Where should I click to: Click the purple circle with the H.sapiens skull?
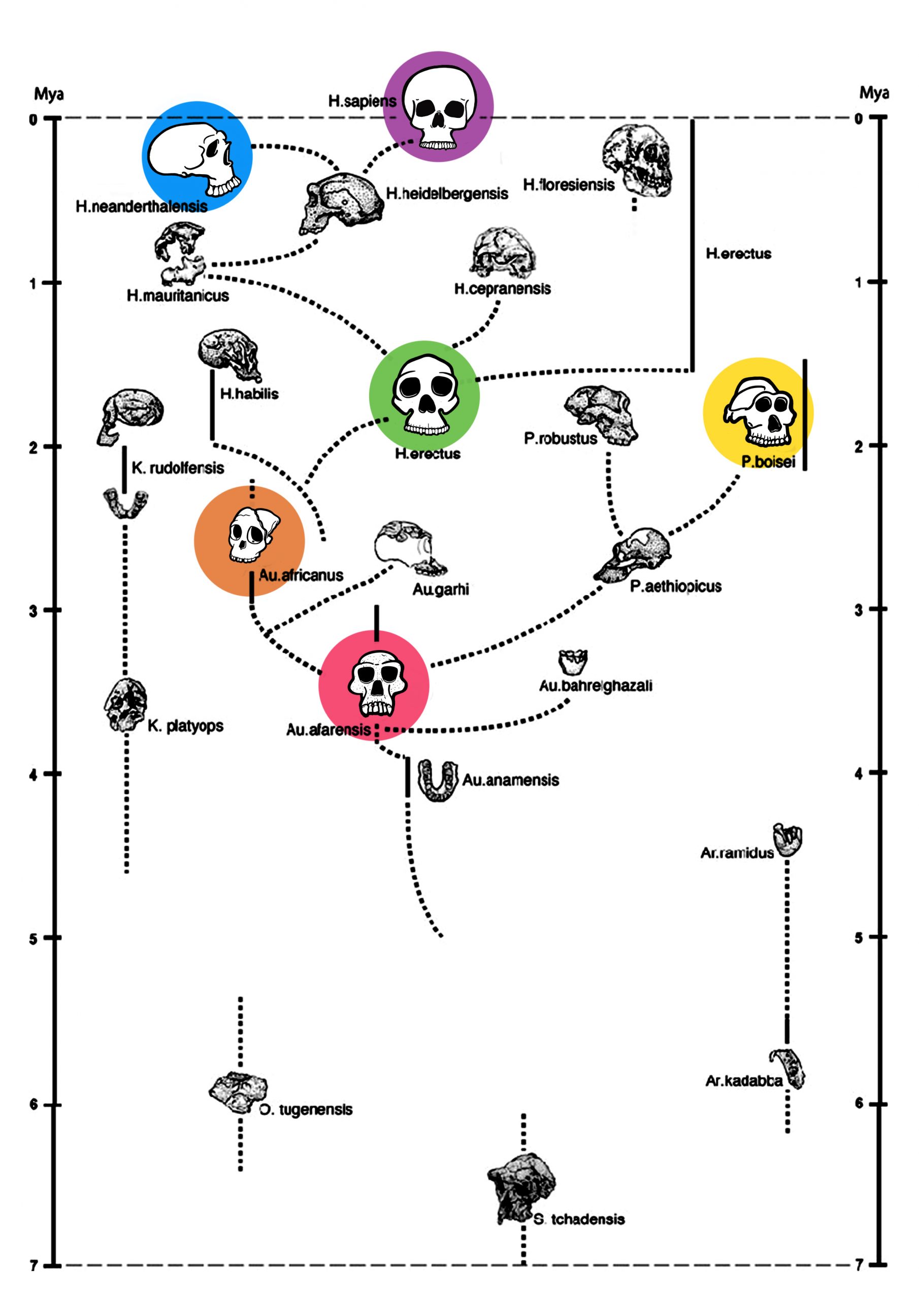pyautogui.click(x=438, y=107)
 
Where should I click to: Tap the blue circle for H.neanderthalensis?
pyautogui.click(x=197, y=157)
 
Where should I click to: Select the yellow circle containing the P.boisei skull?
pyautogui.click(x=758, y=412)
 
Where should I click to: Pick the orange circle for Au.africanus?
pyautogui.click(x=249, y=541)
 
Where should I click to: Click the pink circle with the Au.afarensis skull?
pyautogui.click(x=374, y=685)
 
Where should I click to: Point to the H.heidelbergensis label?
pyautogui.click(x=447, y=193)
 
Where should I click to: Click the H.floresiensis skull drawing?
pyautogui.click(x=637, y=160)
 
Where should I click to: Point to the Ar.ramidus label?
pyautogui.click(x=737, y=853)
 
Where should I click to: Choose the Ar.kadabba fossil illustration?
pyautogui.click(x=787, y=1068)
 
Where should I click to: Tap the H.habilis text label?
pyautogui.click(x=249, y=394)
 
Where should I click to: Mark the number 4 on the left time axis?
pyautogui.click(x=34, y=774)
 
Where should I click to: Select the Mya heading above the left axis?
pyautogui.click(x=49, y=93)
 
